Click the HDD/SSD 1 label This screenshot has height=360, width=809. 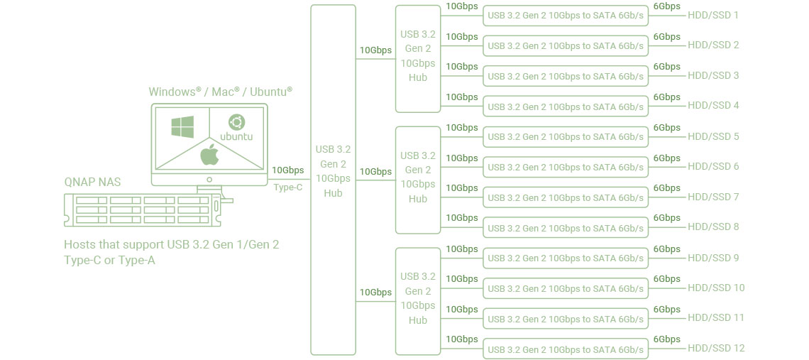coord(713,15)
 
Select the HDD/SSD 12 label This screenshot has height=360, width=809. coord(716,348)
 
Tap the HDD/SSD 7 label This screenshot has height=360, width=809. coord(713,197)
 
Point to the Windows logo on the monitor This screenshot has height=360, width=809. coord(182,128)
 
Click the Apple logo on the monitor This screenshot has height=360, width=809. coord(209,153)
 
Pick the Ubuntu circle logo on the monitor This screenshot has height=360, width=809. coord(236,122)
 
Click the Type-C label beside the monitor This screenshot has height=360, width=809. coord(288,187)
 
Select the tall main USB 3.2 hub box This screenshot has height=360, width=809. coord(333,180)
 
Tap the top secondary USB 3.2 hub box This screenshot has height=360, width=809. coord(418,58)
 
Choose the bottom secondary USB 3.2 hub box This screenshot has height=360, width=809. coord(418,300)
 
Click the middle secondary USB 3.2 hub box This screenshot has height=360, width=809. coord(418,180)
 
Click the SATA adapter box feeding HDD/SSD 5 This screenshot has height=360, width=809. coord(566,137)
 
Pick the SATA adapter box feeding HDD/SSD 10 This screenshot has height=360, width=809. coord(566,288)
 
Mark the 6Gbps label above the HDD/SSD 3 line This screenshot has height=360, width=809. coord(666,67)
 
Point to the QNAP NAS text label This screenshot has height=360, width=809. coord(92,182)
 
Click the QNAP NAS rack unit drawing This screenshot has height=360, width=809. coord(144,210)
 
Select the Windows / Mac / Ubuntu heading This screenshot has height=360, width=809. coord(220,92)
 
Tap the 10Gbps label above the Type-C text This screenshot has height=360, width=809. coord(287,170)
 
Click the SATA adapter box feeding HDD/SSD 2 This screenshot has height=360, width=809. coord(566,46)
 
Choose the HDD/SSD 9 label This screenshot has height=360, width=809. coord(713,258)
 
